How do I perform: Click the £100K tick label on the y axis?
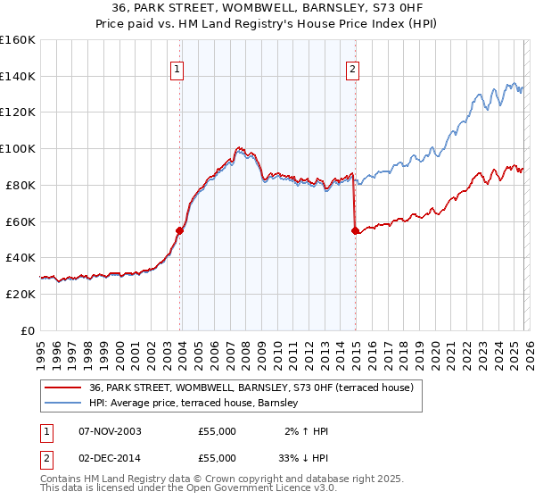(x=18, y=148)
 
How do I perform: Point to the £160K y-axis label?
(x=18, y=40)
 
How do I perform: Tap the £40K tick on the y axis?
(x=20, y=257)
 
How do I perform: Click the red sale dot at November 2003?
(x=179, y=230)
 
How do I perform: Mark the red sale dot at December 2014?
(x=356, y=230)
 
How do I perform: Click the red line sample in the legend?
(x=64, y=388)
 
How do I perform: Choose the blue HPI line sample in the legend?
(x=64, y=404)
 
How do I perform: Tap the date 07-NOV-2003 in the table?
(x=110, y=431)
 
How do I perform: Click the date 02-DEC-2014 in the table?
(x=110, y=460)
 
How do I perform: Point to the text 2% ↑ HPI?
(x=307, y=431)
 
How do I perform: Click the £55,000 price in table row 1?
(x=218, y=431)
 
